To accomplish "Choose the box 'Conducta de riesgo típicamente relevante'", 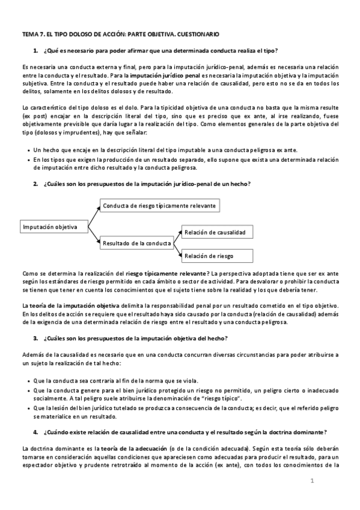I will (159, 206).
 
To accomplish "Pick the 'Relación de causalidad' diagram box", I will (215, 232).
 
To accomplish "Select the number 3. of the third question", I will (37, 338).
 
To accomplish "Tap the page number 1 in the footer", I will (313, 481).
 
